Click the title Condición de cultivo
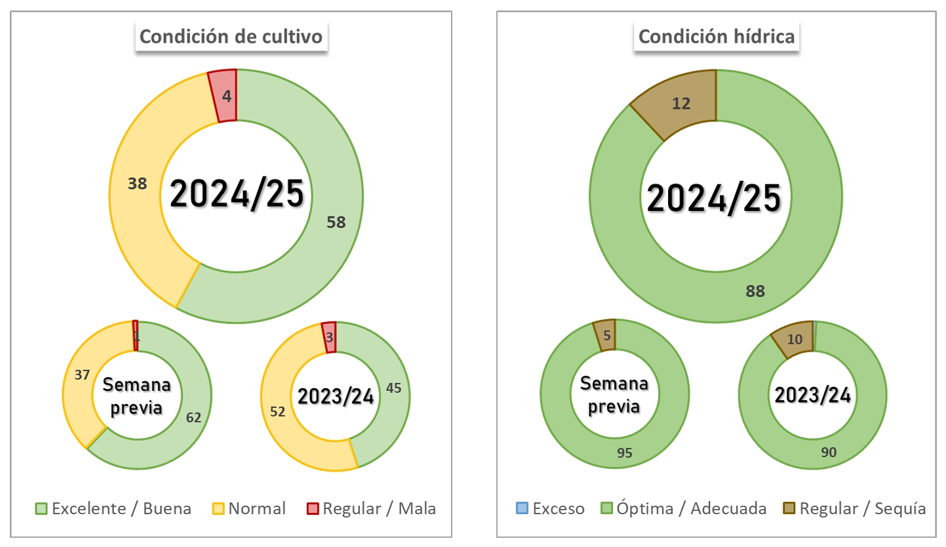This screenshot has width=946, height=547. pos(231,37)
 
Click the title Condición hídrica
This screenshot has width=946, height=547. pos(717,37)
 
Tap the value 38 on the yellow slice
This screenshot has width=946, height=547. pos(137,184)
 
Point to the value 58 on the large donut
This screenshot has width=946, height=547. pos(336,222)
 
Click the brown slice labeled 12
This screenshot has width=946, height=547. pos(682,103)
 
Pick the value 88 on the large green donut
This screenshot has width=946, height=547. pos(755,291)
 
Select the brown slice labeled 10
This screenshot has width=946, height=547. pos(795,338)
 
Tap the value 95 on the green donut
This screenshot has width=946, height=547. pos(625,454)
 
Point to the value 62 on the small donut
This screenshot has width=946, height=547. pos(193,417)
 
